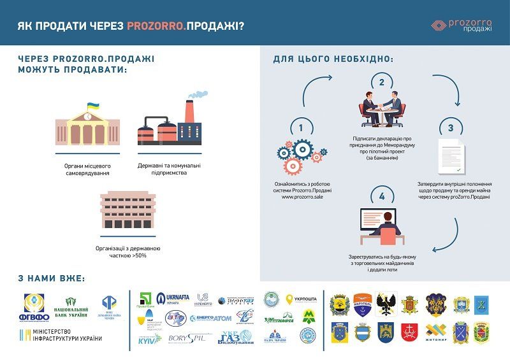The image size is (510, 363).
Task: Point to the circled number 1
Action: point(301,128)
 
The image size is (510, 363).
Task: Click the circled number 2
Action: point(381,82)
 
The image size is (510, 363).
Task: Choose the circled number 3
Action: point(450,127)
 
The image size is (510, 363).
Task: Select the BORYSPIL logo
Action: point(187,338)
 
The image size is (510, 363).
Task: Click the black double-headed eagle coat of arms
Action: point(386,304)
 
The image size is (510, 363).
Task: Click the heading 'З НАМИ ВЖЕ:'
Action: point(52,279)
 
